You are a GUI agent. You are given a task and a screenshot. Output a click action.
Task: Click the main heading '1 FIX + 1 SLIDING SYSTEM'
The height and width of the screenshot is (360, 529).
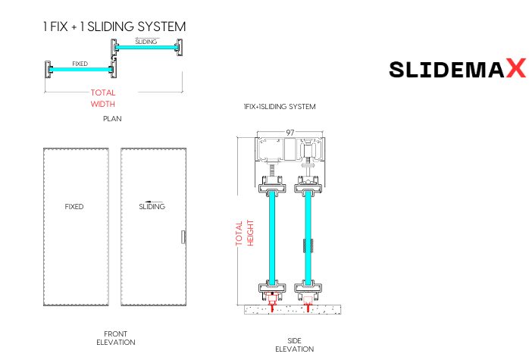[114, 27]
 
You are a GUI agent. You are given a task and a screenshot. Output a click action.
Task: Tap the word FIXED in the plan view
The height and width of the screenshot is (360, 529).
[80, 64]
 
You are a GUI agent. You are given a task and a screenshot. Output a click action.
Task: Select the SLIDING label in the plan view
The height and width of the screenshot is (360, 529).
[146, 42]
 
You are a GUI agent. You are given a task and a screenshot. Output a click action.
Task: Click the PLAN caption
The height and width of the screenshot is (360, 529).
[112, 119]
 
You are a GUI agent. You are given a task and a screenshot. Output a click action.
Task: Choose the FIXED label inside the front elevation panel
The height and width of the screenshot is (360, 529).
[74, 206]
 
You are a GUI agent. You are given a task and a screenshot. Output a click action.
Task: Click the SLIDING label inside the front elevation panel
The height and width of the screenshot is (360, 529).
[152, 206]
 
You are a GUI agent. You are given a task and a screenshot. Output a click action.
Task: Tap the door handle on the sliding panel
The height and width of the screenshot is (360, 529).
[183, 237]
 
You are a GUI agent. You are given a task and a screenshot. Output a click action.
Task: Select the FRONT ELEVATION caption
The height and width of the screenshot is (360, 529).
[115, 338]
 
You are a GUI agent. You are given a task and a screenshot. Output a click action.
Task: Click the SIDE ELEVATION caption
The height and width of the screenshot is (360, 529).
[294, 345]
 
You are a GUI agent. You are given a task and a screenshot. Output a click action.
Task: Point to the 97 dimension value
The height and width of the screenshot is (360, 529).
[290, 133]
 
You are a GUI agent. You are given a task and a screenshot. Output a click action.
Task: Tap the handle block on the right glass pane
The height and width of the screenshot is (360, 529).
[307, 246]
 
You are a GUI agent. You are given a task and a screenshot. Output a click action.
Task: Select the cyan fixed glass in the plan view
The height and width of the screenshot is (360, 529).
[80, 70]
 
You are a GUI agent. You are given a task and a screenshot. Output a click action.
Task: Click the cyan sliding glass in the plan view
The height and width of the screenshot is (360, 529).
[146, 48]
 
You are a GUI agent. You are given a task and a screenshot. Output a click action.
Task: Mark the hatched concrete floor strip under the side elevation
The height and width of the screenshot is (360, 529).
[292, 309]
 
